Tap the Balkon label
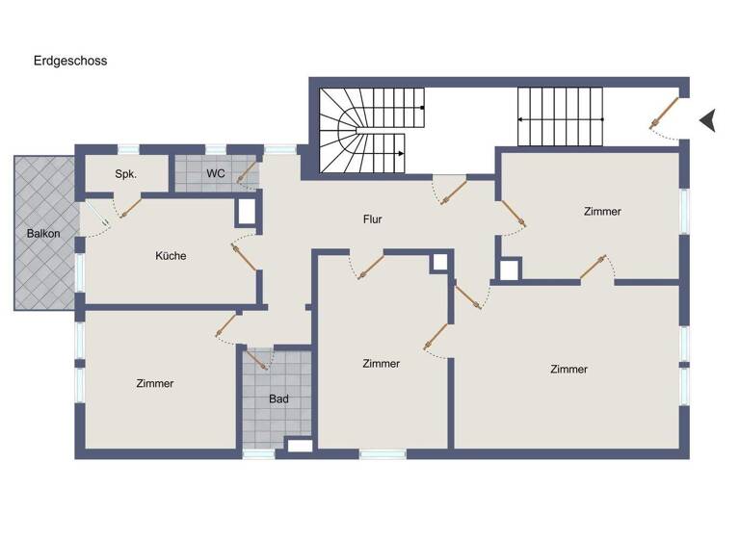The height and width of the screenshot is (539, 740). tap(42, 233)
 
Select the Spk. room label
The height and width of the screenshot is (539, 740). tap(125, 175)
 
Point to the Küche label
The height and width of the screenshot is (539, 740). tap(171, 256)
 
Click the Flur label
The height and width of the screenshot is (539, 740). tap(372, 219)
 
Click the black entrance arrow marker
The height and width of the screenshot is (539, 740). tap(708, 120)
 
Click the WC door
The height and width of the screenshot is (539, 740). tap(247, 173)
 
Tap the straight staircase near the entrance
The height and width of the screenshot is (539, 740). tap(560, 116)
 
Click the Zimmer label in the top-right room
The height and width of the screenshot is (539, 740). tap(602, 211)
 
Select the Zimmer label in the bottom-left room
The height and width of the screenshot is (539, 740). tap(154, 383)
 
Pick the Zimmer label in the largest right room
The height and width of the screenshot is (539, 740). tap(568, 369)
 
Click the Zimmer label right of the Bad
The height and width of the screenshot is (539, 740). tap(381, 364)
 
